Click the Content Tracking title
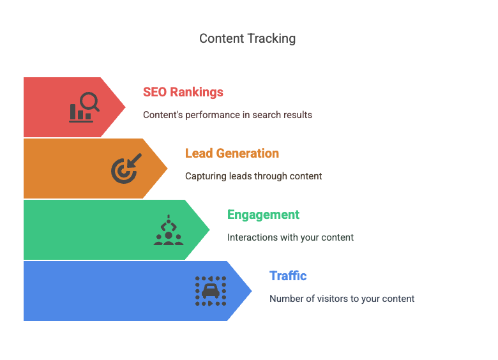pos(248,38)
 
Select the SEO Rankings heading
pos(183,92)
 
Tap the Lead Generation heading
pos(232,153)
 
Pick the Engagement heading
pos(263,214)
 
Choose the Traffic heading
pos(288,276)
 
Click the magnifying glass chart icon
pos(84,107)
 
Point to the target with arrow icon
pos(126,169)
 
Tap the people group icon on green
pos(168,230)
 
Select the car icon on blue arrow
pos(210,291)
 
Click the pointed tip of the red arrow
pos(125,107)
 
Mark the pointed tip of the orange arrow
pos(167,169)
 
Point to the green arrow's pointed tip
pos(209,230)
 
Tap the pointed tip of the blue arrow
pos(252,291)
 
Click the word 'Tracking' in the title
pos(273,38)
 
